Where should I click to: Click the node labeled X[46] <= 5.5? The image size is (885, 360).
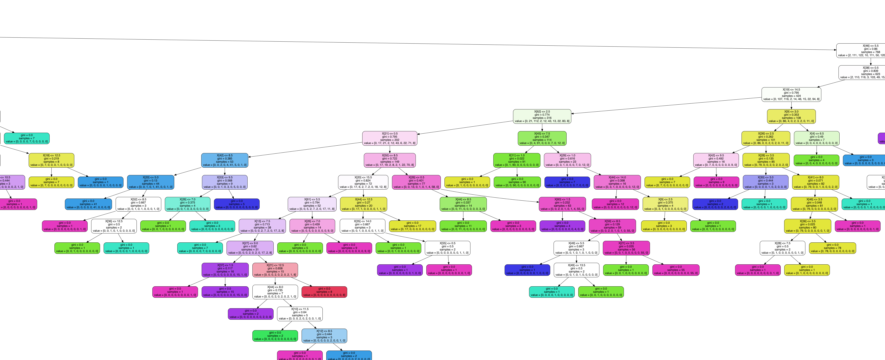pos(861,50)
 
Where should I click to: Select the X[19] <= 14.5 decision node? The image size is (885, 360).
pos(791,94)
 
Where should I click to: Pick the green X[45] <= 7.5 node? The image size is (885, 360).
pos(542,138)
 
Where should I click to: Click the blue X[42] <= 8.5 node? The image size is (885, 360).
pos(225,160)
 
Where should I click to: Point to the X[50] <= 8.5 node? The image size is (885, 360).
pos(390,160)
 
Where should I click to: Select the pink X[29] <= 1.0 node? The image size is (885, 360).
pos(567,160)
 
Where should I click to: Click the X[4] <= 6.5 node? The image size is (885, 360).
pos(817,138)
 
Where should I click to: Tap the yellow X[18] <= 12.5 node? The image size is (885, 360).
pos(52,160)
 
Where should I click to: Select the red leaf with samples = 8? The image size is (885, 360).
pos(324,292)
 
